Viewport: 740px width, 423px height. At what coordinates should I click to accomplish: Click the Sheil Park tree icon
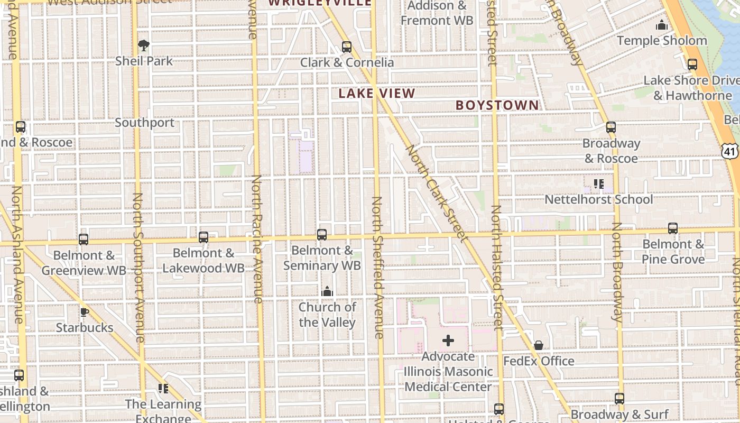point(143,45)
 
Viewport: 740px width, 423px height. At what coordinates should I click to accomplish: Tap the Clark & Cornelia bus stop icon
point(347,47)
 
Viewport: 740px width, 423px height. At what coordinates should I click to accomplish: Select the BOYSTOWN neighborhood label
point(497,105)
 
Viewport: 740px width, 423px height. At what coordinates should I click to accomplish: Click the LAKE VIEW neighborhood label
point(377,94)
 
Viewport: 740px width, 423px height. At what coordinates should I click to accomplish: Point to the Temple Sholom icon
point(661,25)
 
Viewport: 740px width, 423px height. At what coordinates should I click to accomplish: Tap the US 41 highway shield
point(730,152)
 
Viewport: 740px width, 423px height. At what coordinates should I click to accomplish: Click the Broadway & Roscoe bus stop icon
point(611,127)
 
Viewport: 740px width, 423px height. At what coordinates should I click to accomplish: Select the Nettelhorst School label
point(599,199)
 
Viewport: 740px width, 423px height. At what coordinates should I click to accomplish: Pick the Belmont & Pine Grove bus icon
point(672,228)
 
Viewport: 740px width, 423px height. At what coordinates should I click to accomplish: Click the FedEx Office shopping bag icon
point(538,345)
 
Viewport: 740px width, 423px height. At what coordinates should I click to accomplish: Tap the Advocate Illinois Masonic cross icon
point(448,341)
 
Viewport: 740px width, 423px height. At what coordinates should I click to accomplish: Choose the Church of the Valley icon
point(327,291)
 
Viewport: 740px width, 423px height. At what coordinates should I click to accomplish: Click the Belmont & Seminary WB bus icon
point(321,235)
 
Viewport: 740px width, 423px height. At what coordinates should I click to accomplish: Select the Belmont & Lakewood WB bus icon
point(203,237)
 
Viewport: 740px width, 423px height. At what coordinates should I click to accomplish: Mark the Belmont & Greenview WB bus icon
point(84,240)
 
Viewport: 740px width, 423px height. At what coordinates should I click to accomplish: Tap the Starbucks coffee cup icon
point(84,312)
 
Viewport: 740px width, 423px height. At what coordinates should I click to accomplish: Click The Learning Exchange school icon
point(163,389)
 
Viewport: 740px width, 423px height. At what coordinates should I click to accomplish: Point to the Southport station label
point(145,123)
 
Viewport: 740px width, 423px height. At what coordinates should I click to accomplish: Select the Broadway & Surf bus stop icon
point(619,399)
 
